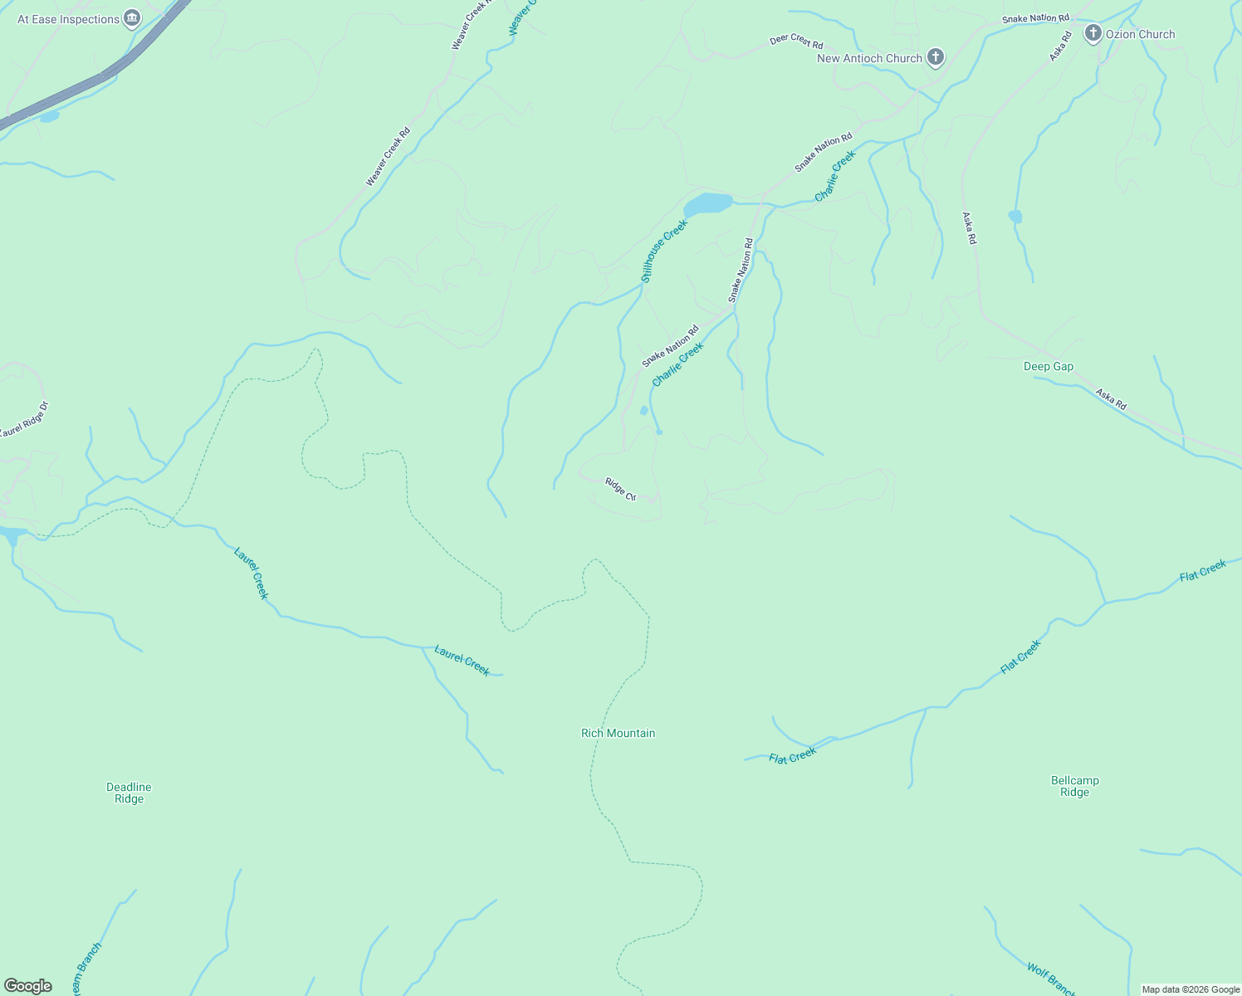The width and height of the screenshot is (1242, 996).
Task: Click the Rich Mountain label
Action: tap(618, 733)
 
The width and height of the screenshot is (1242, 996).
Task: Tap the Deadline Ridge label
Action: tap(129, 793)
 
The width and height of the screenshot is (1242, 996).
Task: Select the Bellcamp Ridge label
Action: tap(1074, 786)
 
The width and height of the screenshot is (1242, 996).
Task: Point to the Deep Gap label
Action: tap(1048, 366)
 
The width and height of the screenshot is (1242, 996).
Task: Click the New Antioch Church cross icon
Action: tap(936, 57)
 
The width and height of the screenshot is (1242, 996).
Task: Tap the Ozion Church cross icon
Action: tap(1093, 33)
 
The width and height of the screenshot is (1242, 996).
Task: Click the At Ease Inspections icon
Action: tap(132, 18)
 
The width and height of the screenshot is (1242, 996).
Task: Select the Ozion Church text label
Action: tap(1140, 34)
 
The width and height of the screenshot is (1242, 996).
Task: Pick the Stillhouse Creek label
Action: tap(665, 251)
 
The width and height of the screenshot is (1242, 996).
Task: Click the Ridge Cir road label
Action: tap(620, 489)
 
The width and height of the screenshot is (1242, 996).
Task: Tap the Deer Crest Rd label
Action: tap(795, 40)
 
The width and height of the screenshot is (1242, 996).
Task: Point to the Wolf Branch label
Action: tap(1050, 979)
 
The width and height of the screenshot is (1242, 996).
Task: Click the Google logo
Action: tap(27, 986)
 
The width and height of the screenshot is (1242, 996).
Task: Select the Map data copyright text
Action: tap(1190, 989)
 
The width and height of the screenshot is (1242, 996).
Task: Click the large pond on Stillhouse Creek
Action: tap(708, 203)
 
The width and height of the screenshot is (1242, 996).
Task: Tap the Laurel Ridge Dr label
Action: tap(23, 420)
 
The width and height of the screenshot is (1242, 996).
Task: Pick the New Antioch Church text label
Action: tap(869, 58)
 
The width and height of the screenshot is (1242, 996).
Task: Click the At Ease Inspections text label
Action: tap(68, 19)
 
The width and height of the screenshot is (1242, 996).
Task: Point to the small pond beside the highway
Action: tap(49, 117)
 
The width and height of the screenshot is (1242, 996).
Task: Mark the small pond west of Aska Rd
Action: tap(1015, 217)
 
